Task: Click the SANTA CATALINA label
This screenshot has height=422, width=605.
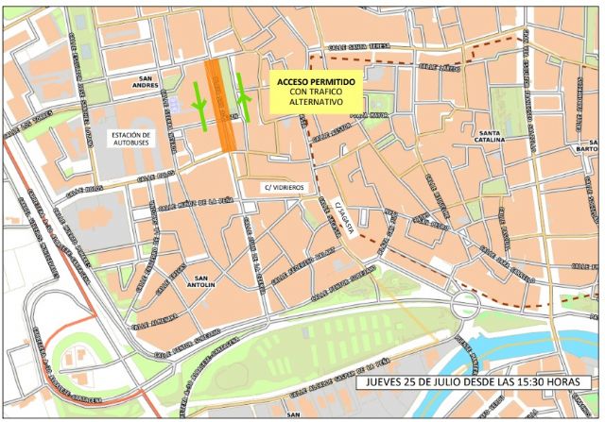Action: click(501, 138)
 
